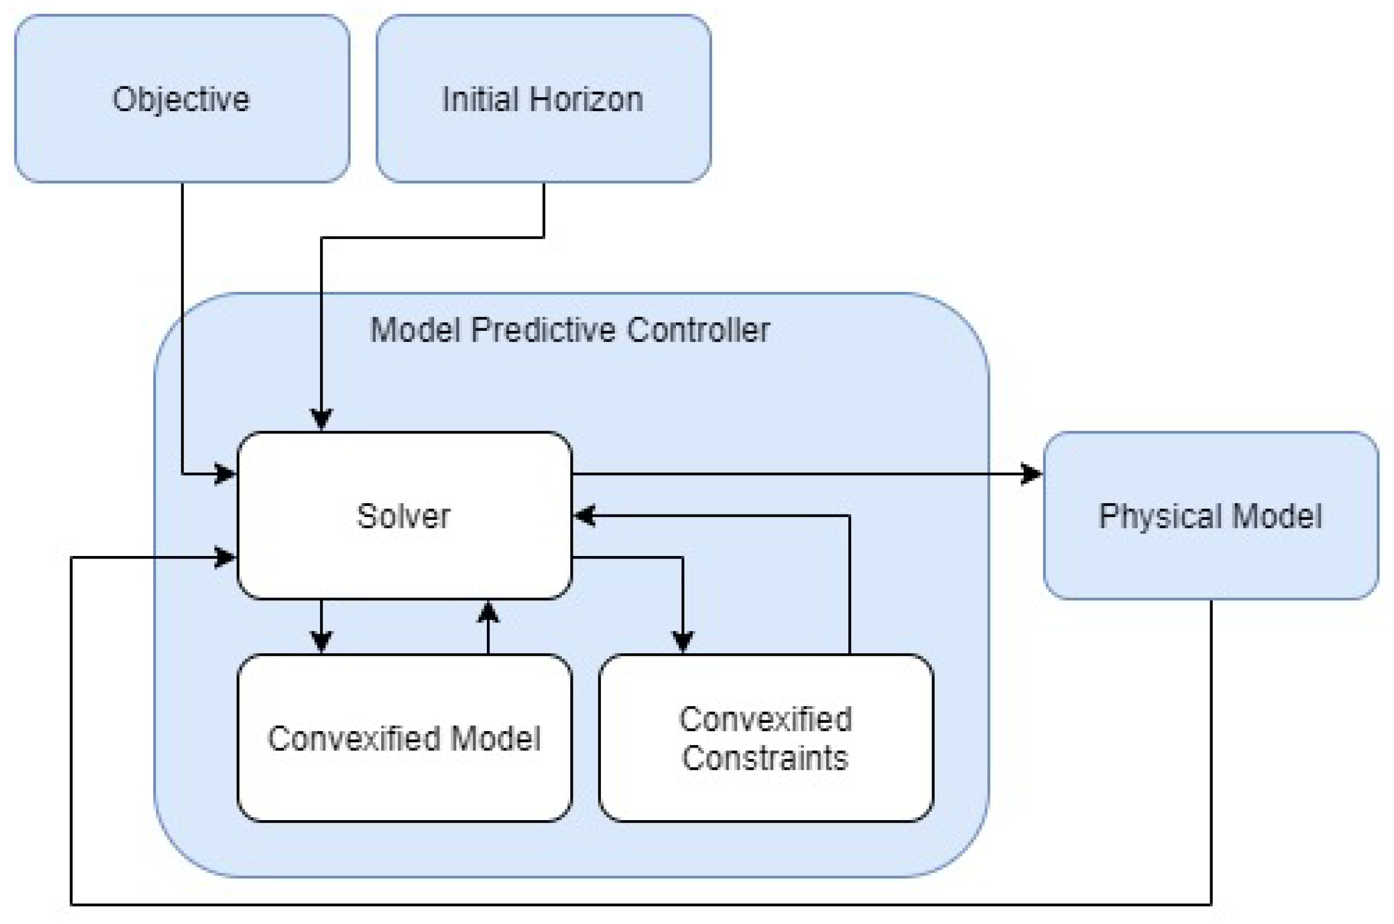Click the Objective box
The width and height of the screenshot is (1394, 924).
[x=182, y=99]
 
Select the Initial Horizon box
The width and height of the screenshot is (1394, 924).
[x=543, y=99]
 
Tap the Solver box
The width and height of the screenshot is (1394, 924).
[x=404, y=516]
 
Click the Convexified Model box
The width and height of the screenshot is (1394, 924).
[x=404, y=738]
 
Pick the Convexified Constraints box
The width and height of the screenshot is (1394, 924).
[x=765, y=738]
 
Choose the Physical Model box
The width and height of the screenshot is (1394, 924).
[x=1210, y=516]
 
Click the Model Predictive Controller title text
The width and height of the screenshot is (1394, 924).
[x=570, y=330]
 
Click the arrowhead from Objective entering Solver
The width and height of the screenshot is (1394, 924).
[x=226, y=474]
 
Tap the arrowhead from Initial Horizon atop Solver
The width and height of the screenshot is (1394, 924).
[x=321, y=419]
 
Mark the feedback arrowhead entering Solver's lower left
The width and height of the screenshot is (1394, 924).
[x=226, y=557]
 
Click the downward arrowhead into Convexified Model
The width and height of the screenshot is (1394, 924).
[x=321, y=641]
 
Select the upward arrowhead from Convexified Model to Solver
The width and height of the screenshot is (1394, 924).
[x=488, y=613]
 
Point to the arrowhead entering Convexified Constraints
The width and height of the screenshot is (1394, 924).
[x=683, y=641]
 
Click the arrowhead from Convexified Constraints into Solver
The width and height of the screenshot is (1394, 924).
[x=584, y=515]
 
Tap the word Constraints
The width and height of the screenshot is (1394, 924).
[x=765, y=758]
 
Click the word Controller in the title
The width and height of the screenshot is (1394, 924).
[x=698, y=330]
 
